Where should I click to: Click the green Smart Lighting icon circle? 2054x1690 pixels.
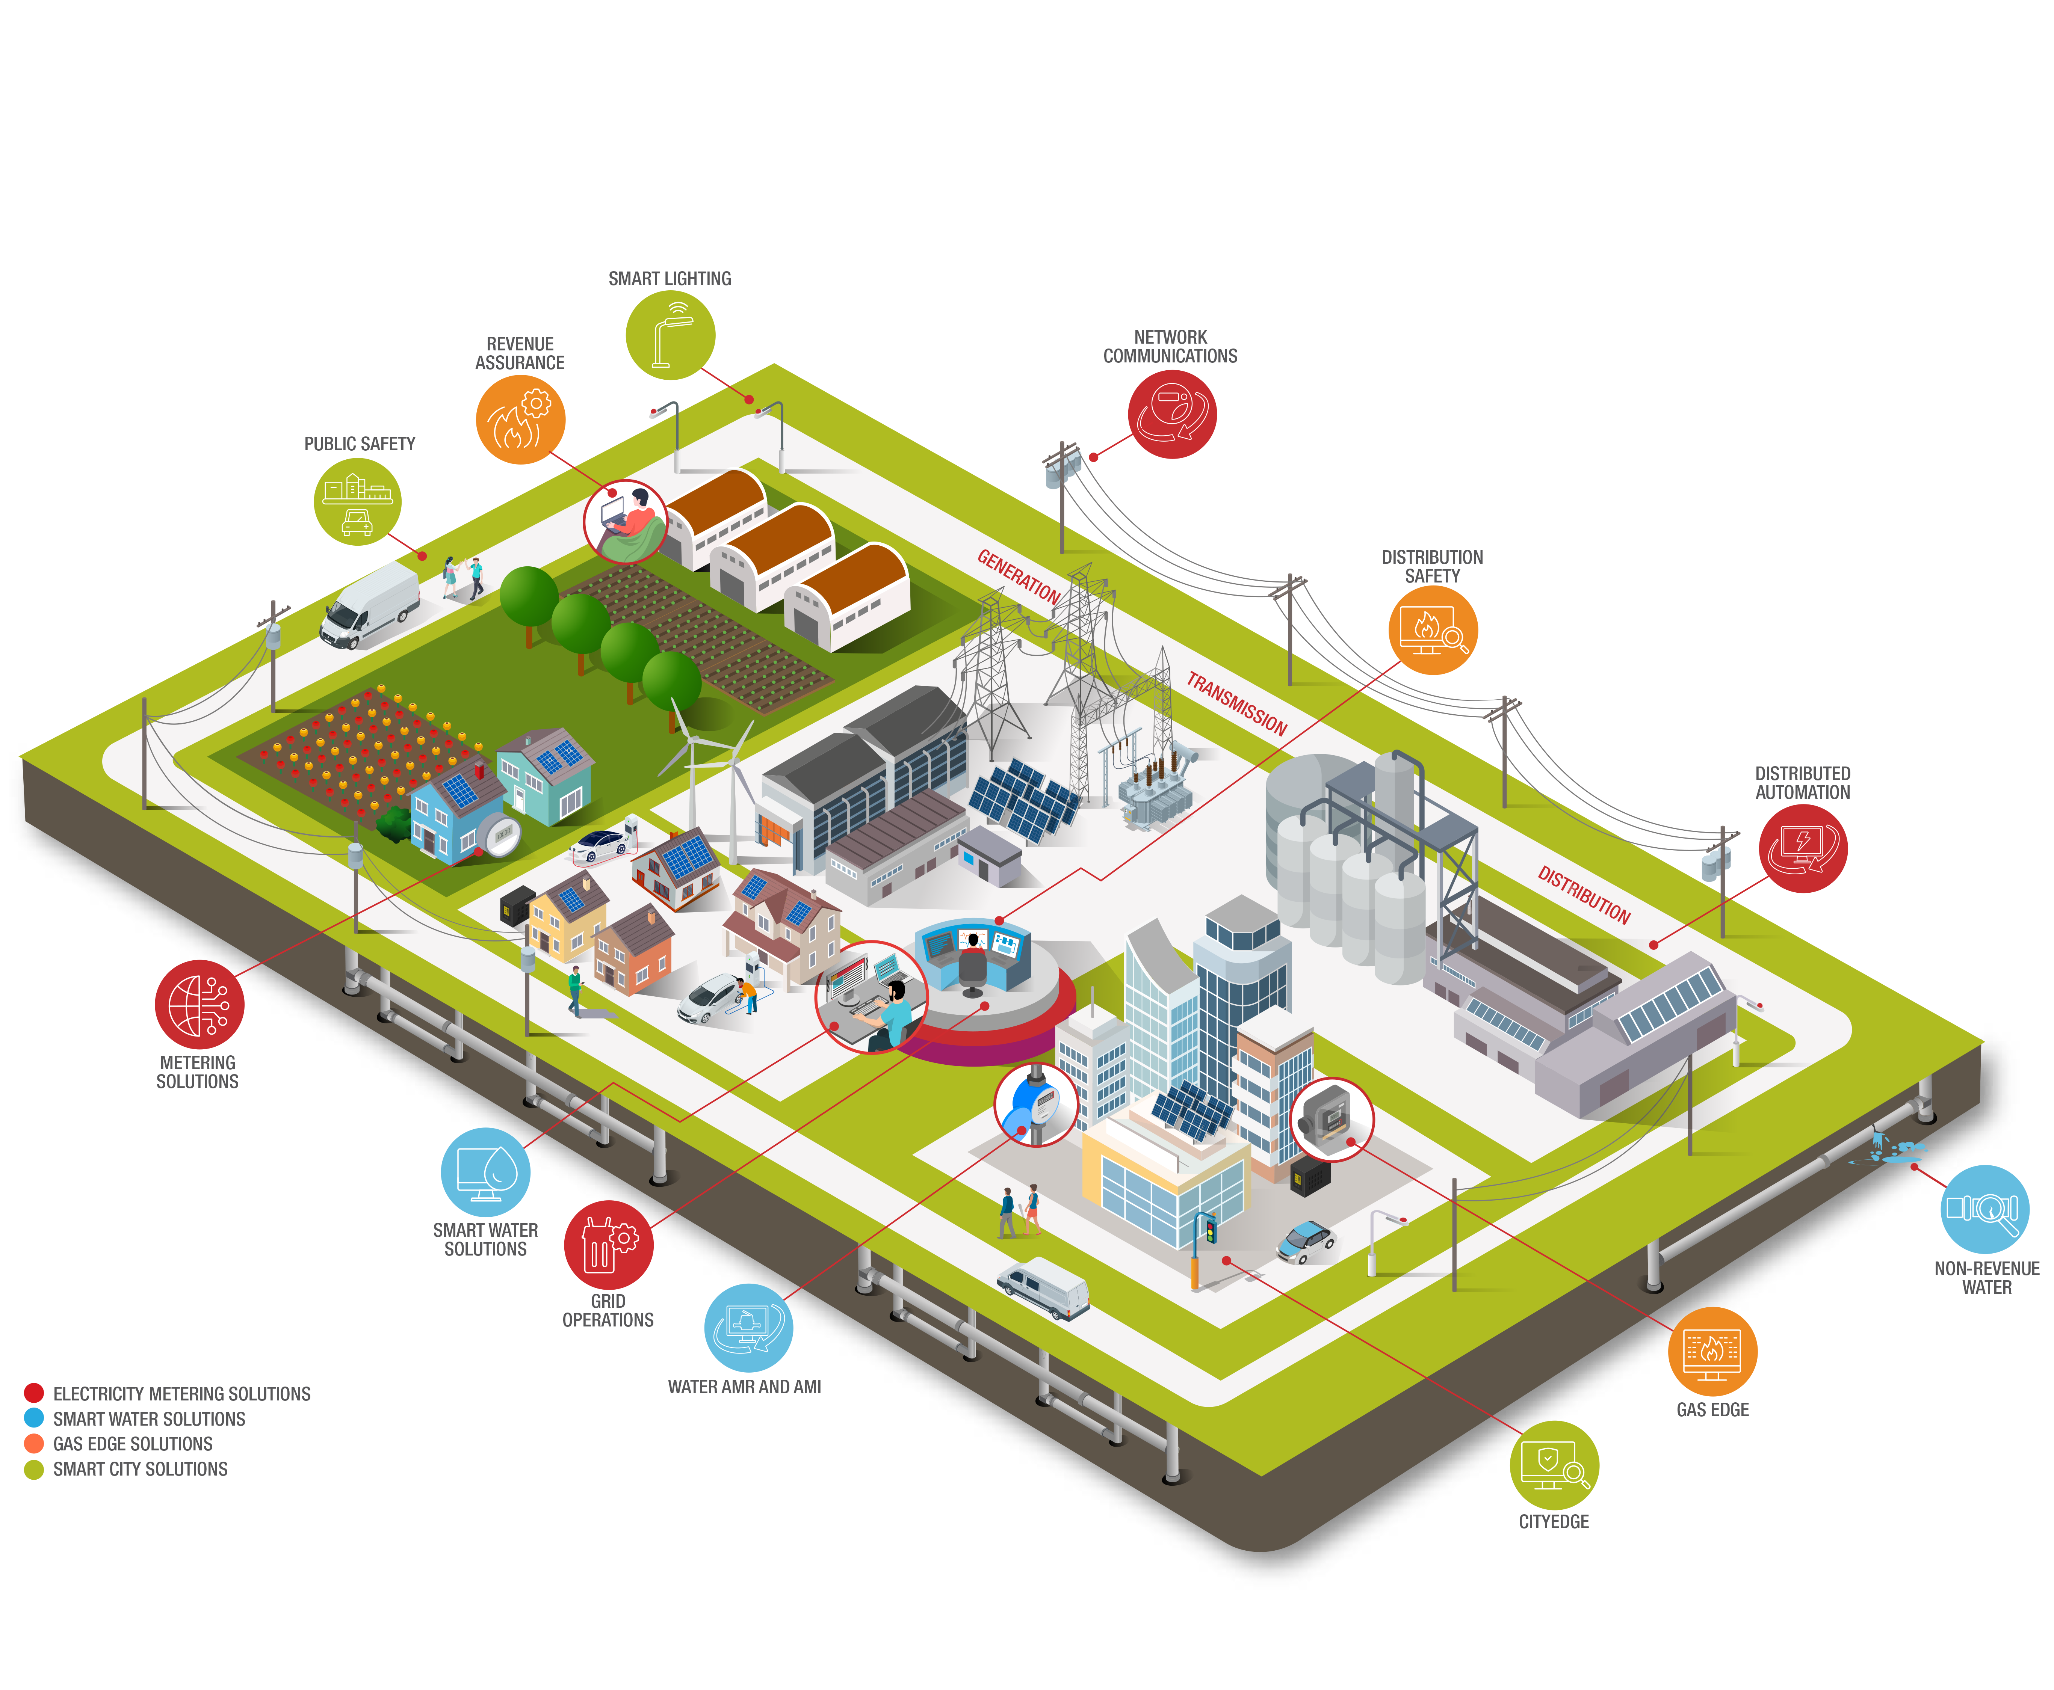coord(670,335)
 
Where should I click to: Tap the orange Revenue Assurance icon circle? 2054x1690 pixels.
coord(520,419)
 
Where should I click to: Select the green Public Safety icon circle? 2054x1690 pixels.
coord(357,501)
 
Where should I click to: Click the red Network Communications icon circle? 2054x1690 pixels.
coord(1171,414)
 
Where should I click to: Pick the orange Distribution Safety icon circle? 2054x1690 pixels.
coord(1433,630)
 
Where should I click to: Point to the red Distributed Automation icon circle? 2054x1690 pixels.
coord(1803,848)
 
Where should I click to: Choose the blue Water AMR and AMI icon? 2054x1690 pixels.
coord(748,1328)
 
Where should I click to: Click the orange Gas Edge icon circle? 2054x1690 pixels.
coord(1712,1351)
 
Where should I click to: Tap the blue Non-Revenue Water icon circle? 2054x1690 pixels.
coord(1985,1209)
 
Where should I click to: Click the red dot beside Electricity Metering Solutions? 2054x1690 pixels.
coord(34,1393)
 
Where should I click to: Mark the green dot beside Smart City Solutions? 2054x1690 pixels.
coord(34,1469)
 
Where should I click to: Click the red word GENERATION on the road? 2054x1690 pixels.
coord(1019,576)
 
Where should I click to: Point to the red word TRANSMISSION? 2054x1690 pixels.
coord(1237,703)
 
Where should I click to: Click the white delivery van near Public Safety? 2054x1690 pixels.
coord(370,605)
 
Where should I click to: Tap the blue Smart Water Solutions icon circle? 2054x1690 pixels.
coord(486,1172)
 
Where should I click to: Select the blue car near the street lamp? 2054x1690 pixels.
coord(1306,1242)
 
